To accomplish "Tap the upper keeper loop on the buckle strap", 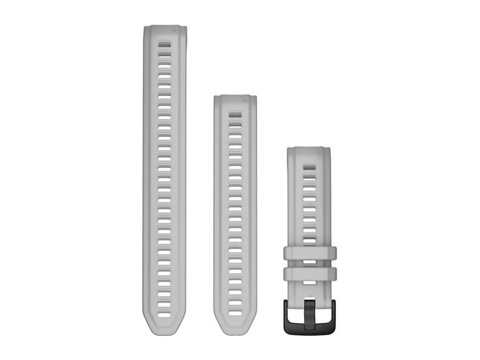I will pos(310,253).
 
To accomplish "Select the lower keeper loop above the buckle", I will pos(310,274).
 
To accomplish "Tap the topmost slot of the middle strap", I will pos(235,112).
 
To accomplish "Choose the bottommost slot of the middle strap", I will pos(235,313).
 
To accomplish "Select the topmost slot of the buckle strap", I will pos(309,165).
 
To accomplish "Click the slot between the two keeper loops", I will pos(310,263).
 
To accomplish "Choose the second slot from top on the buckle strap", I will pos(309,173).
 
